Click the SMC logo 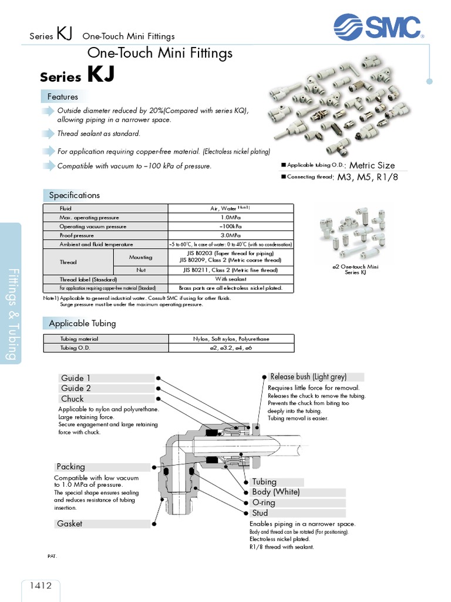coord(378,27)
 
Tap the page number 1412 coord(40,585)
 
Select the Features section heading coord(63,96)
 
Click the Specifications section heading coord(74,195)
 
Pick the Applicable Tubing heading coord(82,323)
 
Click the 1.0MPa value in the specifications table coord(230,218)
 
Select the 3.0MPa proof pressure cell coord(230,235)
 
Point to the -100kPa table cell coord(230,226)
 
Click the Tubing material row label coord(79,339)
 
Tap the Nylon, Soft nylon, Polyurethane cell coord(230,339)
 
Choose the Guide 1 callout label coord(76,378)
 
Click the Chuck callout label coord(73,399)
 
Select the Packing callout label coord(71,467)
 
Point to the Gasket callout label coord(70,523)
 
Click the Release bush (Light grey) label coord(308,377)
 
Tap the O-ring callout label coord(264,503)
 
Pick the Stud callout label coord(260,513)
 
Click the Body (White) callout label coord(276,492)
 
